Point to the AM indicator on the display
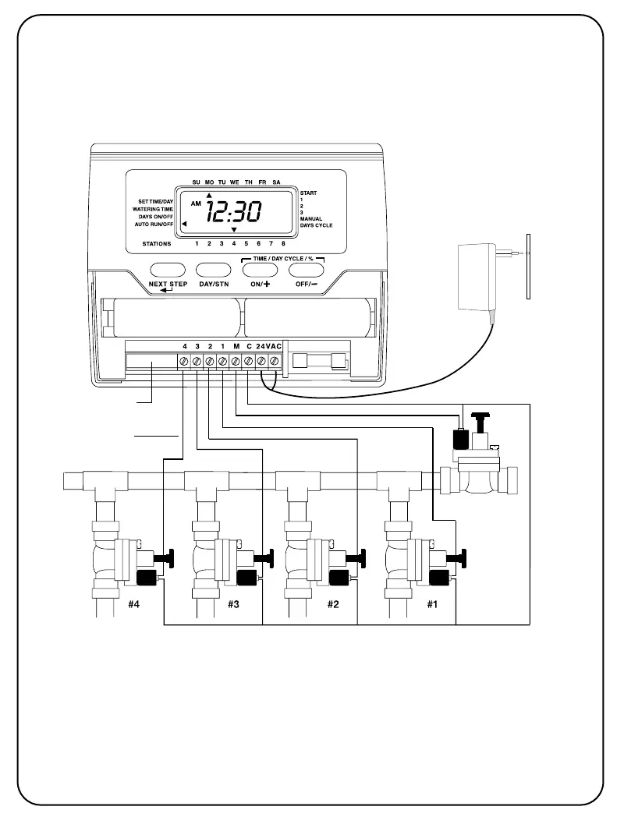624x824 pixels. coord(195,203)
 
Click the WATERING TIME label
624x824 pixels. coord(152,209)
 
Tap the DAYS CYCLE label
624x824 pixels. coord(317,225)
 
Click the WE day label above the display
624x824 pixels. coord(235,182)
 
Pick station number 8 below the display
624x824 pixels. coord(283,244)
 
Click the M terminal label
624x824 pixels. coord(236,345)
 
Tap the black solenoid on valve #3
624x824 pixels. coord(245,578)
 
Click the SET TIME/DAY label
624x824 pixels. coord(156,202)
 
